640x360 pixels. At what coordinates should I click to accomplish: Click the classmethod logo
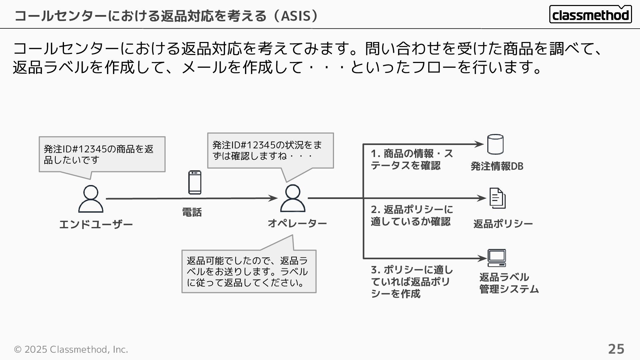(590, 15)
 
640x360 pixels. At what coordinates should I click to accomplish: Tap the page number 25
(616, 349)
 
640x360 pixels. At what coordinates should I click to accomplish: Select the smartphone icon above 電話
(195, 182)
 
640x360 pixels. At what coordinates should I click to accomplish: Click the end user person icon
(91, 199)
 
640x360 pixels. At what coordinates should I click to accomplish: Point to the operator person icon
(293, 198)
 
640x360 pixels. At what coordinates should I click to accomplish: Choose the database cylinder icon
(495, 144)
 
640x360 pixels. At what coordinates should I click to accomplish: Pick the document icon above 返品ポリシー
(497, 198)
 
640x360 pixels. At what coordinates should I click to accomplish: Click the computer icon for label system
(497, 258)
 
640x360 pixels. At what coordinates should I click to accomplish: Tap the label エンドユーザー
(96, 225)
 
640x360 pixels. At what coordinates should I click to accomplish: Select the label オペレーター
(297, 223)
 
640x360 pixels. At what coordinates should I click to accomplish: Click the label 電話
(192, 212)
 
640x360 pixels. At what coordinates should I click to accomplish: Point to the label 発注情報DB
(497, 166)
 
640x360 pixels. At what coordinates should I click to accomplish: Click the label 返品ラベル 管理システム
(509, 283)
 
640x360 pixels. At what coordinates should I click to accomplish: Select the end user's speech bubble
(102, 154)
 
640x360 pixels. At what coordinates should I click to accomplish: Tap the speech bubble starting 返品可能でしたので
(249, 271)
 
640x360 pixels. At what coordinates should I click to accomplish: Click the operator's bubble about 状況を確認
(270, 151)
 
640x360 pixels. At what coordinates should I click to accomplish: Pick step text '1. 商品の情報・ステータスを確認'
(412, 159)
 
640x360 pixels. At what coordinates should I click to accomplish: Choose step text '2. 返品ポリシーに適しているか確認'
(412, 215)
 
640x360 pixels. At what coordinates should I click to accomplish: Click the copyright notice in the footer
(71, 349)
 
